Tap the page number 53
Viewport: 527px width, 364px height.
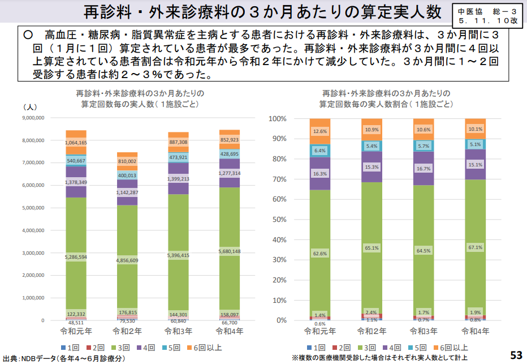516,355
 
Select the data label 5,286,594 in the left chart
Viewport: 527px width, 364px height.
76,256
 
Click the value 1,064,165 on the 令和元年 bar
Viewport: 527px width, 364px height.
76,143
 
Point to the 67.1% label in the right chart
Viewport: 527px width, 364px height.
475,247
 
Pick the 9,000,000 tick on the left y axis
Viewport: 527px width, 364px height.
33,118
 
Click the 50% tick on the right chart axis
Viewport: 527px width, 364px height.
278,220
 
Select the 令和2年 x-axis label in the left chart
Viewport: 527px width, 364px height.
127,330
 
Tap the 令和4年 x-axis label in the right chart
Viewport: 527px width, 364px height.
475,330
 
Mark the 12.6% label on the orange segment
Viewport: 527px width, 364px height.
319,131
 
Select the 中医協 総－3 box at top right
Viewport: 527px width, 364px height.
487,15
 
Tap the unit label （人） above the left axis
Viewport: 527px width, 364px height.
29,106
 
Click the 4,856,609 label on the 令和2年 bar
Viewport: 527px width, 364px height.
127,260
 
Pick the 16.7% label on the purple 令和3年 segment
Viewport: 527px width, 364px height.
423,169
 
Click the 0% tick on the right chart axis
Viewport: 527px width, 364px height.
280,320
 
